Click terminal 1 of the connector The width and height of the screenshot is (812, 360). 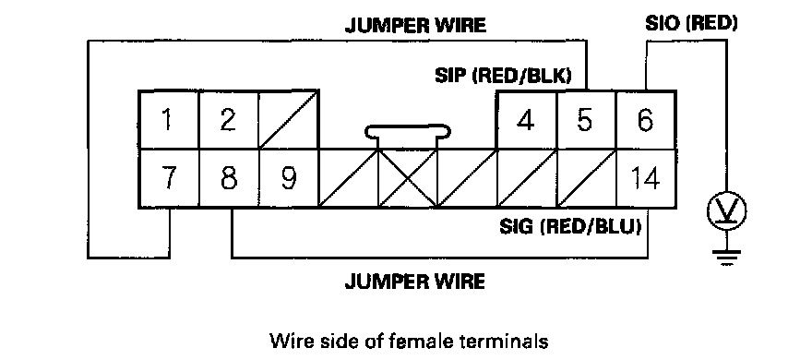click(168, 120)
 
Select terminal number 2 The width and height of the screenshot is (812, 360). click(229, 120)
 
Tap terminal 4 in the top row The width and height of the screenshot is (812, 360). click(526, 120)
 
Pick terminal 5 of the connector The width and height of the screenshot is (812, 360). click(586, 120)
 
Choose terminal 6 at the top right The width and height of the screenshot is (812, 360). click(646, 120)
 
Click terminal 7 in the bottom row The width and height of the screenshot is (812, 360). click(168, 179)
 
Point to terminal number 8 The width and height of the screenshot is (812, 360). click(229, 179)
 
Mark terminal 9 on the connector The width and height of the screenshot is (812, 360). click(288, 179)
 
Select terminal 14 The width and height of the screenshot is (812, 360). click(646, 179)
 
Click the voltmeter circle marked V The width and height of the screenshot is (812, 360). click(726, 211)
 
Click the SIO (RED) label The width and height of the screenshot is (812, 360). click(691, 23)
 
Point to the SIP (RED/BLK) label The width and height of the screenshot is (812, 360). click(503, 76)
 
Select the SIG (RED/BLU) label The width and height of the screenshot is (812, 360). click(570, 226)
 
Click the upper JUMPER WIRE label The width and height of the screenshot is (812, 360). click(415, 25)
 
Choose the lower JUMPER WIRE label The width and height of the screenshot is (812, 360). click(415, 282)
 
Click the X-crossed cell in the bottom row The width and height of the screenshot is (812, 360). click(408, 179)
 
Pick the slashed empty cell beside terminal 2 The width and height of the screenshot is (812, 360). click(288, 120)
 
